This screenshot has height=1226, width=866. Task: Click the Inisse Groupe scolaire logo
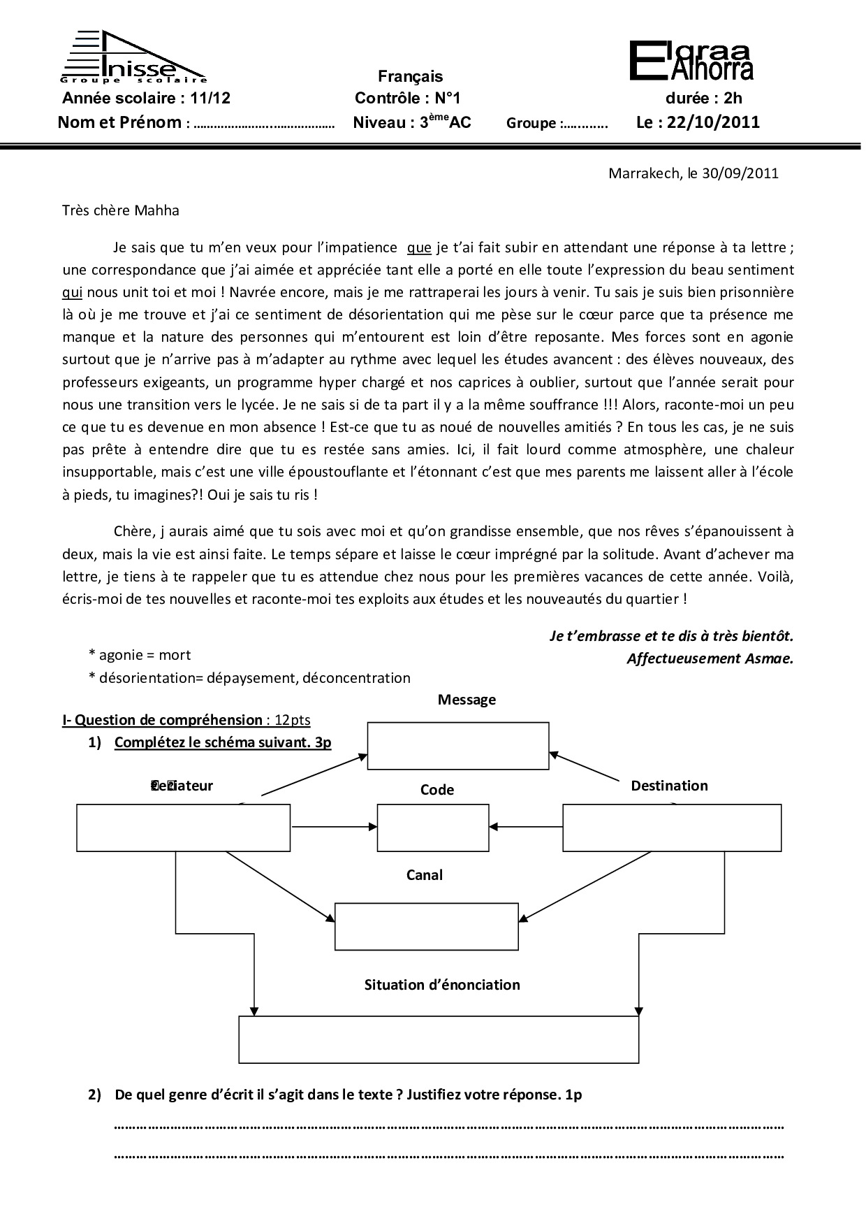point(133,57)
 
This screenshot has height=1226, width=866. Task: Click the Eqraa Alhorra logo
point(691,61)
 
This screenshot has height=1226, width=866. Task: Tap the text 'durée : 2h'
point(703,98)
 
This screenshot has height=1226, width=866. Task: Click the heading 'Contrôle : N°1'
point(408,98)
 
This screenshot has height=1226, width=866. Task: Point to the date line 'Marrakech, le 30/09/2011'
point(693,173)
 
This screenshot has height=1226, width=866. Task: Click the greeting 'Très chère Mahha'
point(120,210)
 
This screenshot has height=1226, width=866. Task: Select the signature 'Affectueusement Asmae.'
point(710,658)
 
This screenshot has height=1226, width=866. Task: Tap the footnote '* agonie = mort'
point(139,655)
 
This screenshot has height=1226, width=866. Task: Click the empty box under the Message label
point(458,746)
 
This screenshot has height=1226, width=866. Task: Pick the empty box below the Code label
point(433,828)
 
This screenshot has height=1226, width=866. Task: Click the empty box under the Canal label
point(427,926)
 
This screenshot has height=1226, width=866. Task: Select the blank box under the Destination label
point(672,828)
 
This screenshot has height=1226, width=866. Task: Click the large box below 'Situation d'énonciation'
point(439,1039)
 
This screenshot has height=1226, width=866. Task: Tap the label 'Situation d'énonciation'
point(442,985)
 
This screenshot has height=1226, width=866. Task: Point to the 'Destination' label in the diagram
point(669,786)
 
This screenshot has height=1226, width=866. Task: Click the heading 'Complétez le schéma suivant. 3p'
point(222,742)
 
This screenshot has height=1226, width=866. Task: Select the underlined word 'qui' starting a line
point(72,292)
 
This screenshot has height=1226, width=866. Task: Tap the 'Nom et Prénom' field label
point(119,123)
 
